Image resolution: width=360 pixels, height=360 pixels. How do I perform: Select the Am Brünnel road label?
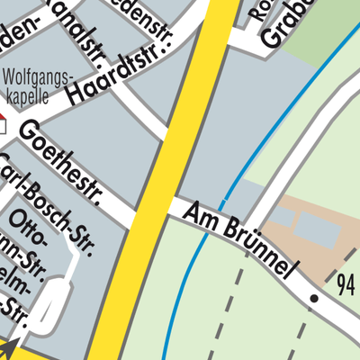[240, 240]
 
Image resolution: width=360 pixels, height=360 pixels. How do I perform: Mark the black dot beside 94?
[314, 297]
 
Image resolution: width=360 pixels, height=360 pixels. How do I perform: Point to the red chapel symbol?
[3, 120]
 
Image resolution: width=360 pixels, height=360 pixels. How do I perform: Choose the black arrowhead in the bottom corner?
[10, 346]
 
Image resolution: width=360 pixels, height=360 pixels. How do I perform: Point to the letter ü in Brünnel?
[237, 236]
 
